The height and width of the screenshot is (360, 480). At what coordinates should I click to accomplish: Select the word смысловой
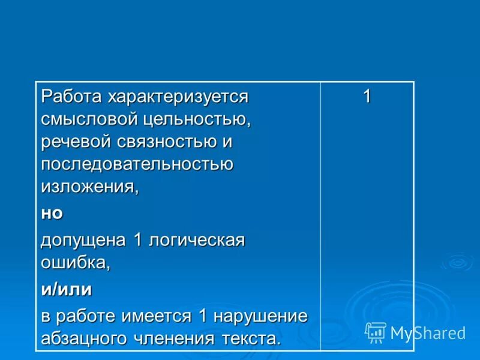89,119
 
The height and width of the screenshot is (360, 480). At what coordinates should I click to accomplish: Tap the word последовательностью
137,164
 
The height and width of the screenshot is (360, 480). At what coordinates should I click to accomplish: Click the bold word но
52,213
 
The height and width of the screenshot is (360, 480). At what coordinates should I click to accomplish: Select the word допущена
83,240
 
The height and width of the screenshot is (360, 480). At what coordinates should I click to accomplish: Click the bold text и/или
67,290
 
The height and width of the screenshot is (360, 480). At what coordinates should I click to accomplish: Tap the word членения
178,338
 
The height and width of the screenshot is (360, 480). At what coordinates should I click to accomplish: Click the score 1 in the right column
367,96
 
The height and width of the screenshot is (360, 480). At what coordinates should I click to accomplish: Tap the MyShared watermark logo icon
376,332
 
